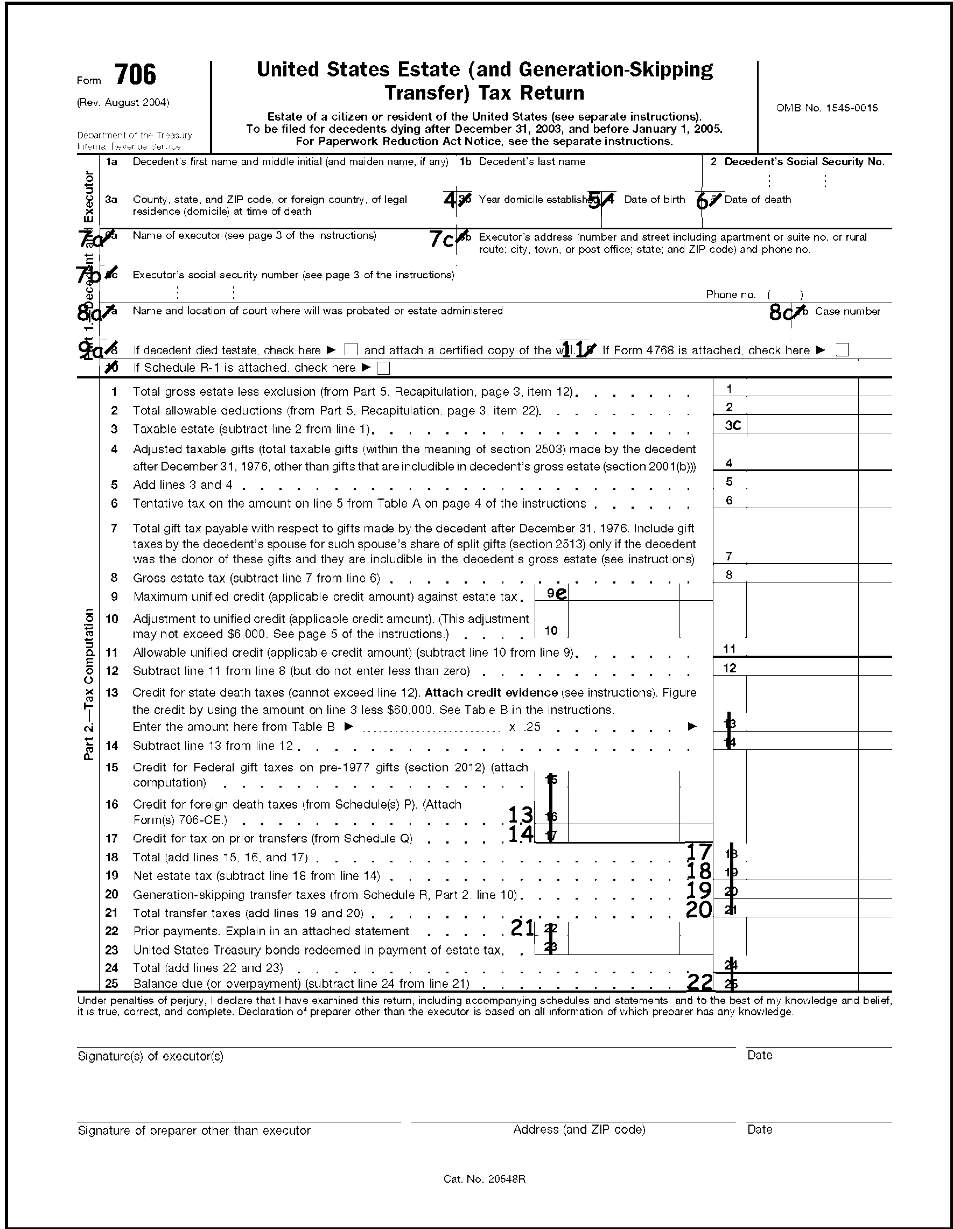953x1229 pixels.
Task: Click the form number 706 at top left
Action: (x=135, y=75)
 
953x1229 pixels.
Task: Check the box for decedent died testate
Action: (x=350, y=350)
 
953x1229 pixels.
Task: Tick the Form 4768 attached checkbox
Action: (x=842, y=350)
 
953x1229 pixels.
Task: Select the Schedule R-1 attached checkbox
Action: (x=383, y=369)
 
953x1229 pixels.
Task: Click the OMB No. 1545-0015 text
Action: (x=826, y=108)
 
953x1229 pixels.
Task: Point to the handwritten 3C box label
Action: (x=732, y=425)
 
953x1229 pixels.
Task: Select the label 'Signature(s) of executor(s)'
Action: (x=150, y=1056)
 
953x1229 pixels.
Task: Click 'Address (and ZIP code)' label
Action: (x=579, y=1129)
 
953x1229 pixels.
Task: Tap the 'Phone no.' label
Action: (x=730, y=294)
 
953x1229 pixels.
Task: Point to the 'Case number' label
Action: (x=847, y=311)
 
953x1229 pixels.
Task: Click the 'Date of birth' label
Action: (x=654, y=199)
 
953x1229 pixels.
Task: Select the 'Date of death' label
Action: (x=757, y=199)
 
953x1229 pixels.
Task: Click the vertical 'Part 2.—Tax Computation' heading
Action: (x=89, y=684)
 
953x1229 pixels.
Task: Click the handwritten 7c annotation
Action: (x=442, y=240)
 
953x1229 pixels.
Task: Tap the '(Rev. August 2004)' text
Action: (x=123, y=102)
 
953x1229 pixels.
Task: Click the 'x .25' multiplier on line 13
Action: (x=524, y=727)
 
